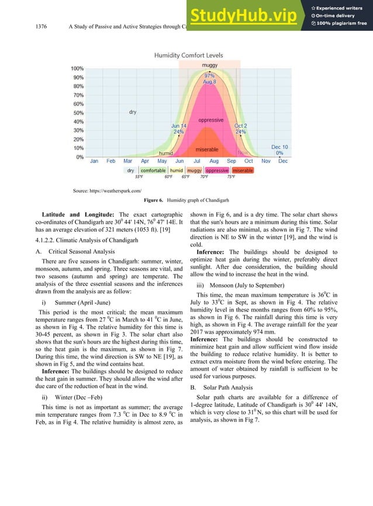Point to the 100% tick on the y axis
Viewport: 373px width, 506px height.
[78, 68]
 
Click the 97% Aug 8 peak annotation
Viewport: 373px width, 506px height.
[209, 79]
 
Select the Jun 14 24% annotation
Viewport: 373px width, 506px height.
[179, 129]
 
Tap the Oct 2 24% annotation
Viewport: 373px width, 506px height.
[240, 129]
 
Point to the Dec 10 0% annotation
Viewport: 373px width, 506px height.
[279, 150]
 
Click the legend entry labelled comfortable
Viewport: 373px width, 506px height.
[153, 171]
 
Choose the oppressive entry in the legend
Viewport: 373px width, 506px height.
[217, 171]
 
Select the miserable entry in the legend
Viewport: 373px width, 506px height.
[243, 171]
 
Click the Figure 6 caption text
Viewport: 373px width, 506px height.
[186, 200]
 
